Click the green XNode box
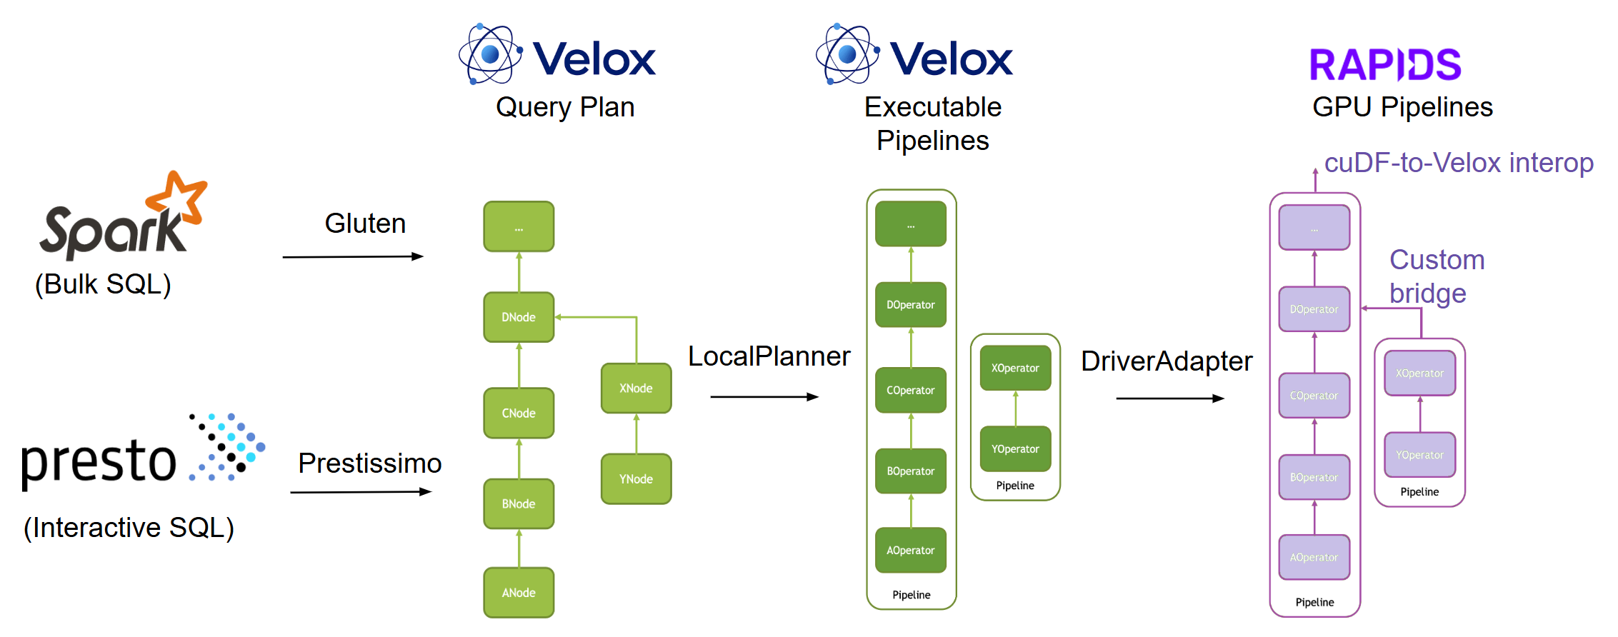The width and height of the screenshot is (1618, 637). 636,388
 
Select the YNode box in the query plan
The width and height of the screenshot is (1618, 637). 636,478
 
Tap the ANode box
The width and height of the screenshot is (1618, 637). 519,592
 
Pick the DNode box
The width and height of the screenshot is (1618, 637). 519,316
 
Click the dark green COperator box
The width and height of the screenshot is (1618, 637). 911,390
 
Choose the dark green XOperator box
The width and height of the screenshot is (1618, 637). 1015,368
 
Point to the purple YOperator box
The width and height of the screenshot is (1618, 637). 1419,454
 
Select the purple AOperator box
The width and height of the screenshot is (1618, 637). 1314,557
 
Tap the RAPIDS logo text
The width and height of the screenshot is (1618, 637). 1385,65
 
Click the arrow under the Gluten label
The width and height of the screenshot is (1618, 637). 353,256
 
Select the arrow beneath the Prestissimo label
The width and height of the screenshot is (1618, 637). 361,492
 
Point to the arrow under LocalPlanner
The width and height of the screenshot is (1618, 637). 764,397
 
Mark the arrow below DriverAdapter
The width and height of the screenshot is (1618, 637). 1169,398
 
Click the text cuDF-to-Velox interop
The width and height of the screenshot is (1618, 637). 1458,163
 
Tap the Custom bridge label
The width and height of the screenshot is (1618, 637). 1436,276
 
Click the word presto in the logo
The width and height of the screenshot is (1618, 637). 99,461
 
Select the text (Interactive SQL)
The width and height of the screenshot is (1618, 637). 129,528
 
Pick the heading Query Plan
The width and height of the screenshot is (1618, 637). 565,107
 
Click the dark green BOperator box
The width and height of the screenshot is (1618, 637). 911,471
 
